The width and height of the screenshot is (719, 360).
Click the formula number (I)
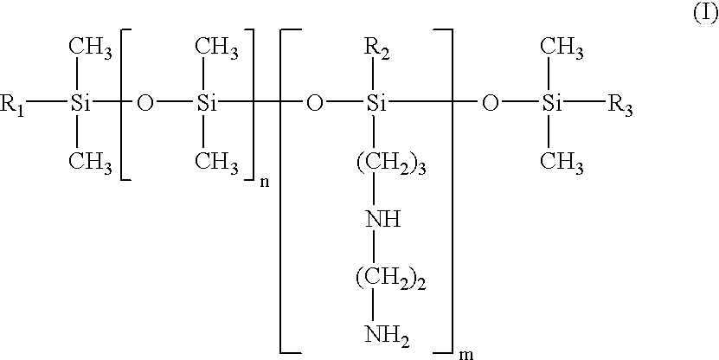click(x=704, y=16)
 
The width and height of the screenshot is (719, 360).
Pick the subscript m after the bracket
click(x=466, y=353)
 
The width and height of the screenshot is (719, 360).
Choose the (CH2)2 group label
click(x=391, y=280)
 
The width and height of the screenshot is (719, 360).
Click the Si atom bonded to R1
click(x=80, y=106)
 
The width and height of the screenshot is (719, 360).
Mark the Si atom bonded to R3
click(x=551, y=106)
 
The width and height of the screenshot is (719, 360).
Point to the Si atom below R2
click(x=376, y=106)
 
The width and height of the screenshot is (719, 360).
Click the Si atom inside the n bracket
click(x=207, y=106)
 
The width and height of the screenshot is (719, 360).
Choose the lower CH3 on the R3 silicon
click(x=562, y=164)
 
